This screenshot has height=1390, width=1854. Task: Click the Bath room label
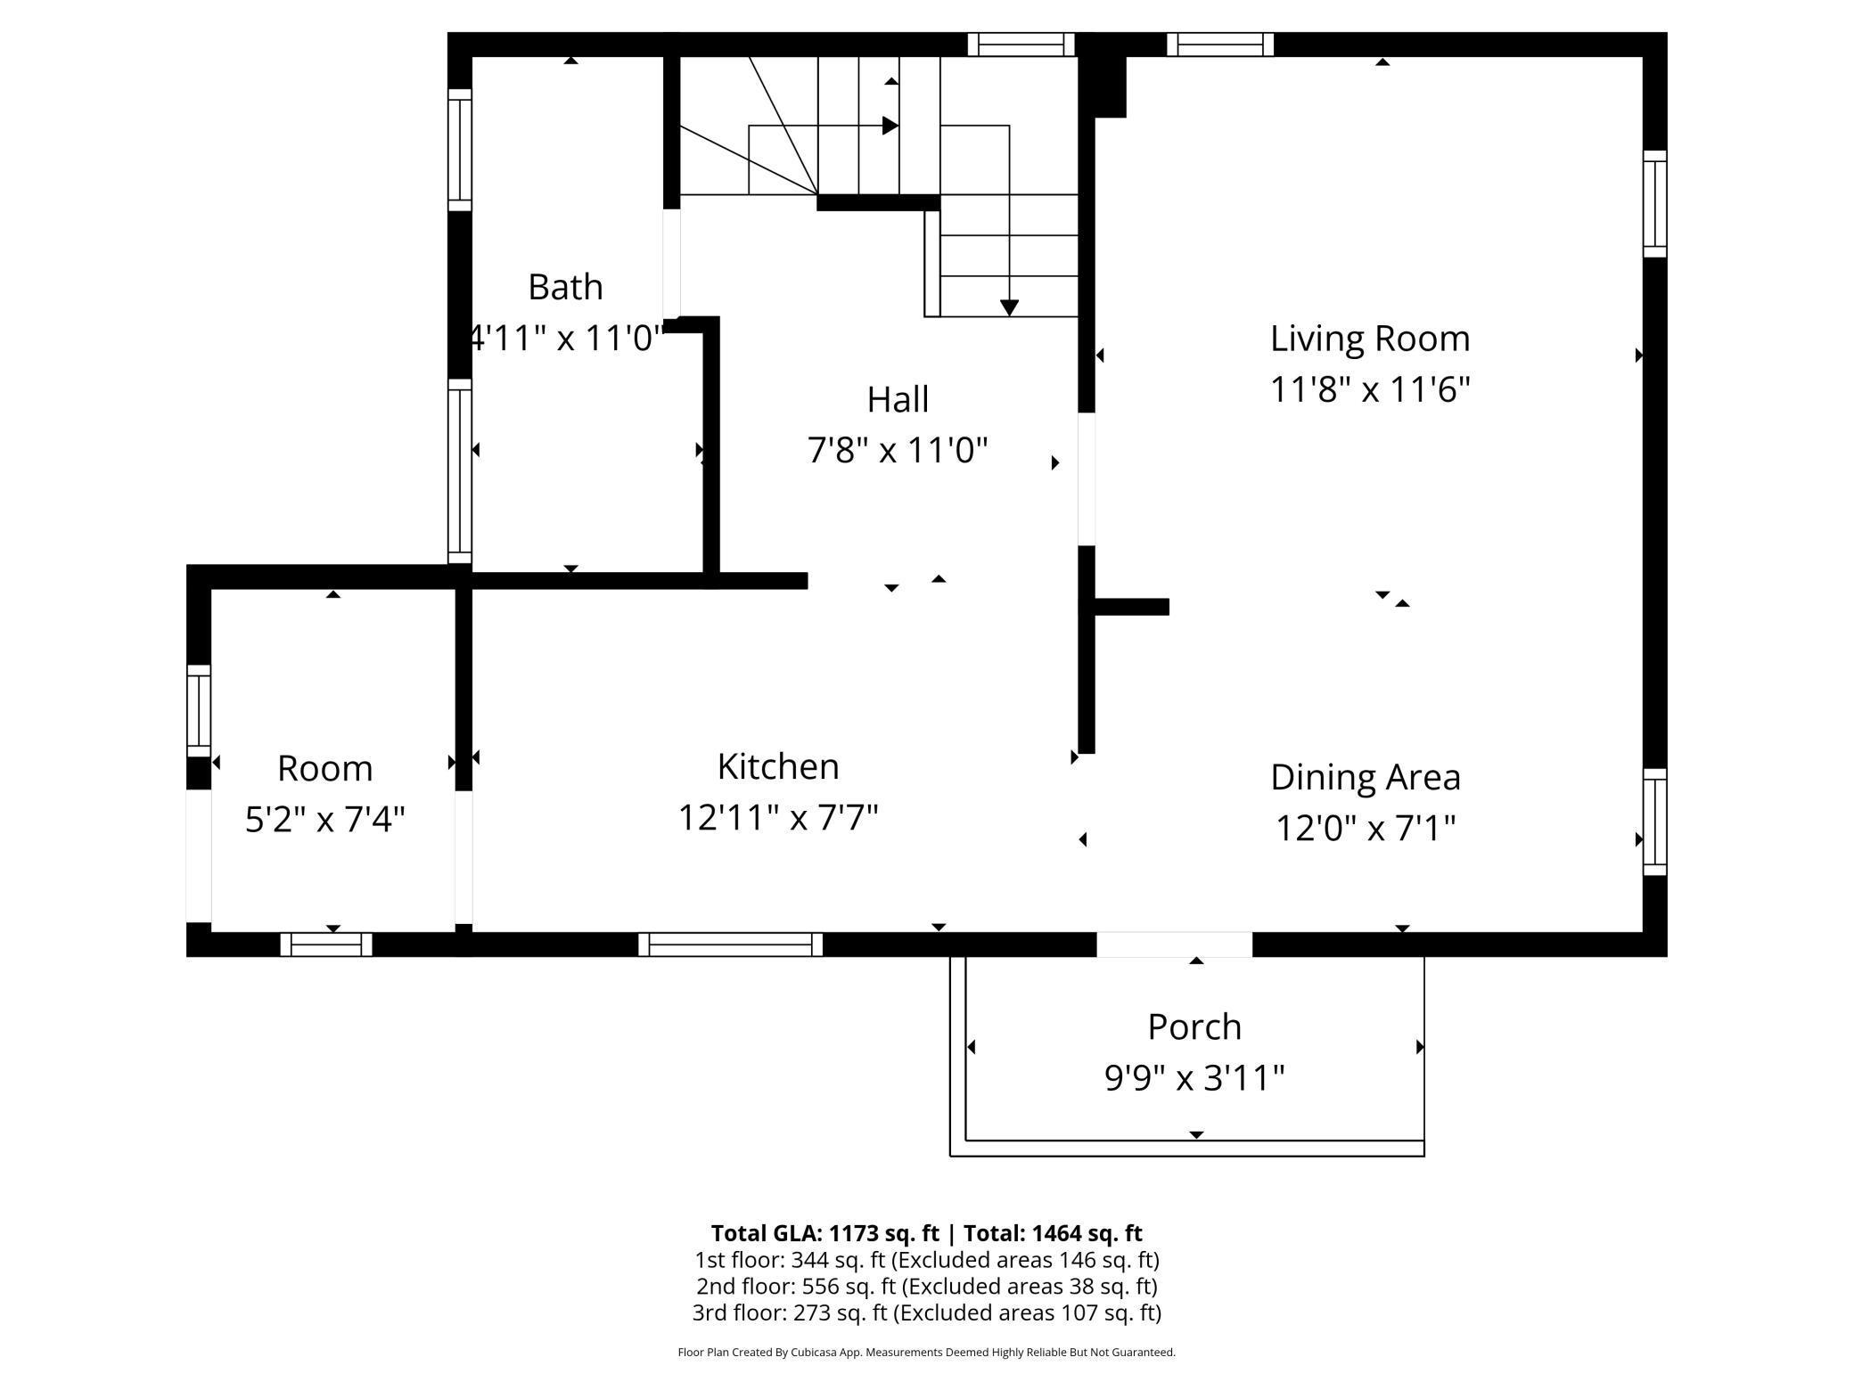coord(565,287)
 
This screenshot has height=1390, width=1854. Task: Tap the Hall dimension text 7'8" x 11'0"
coord(898,450)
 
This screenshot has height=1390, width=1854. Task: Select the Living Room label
coord(1370,339)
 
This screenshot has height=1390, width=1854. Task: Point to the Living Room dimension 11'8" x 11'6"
coord(1370,389)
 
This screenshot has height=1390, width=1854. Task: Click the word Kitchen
coord(778,766)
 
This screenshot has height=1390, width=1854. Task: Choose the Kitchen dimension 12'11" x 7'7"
coord(778,817)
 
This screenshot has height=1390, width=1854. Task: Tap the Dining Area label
coord(1366,777)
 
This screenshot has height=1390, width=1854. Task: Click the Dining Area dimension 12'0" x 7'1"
coord(1366,828)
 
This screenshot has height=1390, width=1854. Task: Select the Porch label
coord(1194,1026)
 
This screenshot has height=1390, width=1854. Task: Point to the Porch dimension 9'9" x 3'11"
coord(1194,1078)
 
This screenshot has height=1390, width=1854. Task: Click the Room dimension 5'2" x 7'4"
coord(325,819)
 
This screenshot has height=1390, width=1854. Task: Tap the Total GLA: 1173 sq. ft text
coord(825,1233)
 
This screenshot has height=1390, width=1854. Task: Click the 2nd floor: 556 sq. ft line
coord(927,1287)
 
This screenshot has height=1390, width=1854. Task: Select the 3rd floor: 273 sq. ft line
coord(927,1312)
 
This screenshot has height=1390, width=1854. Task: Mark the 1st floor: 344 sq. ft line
coord(927,1260)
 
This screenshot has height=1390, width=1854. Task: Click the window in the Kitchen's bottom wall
coord(731,944)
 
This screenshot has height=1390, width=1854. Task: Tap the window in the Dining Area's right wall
coord(1655,822)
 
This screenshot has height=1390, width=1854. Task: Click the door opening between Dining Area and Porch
coord(1175,944)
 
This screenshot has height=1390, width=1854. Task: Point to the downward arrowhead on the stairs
coord(1009,308)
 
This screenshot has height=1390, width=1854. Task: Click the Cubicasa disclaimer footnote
coord(927,1352)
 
